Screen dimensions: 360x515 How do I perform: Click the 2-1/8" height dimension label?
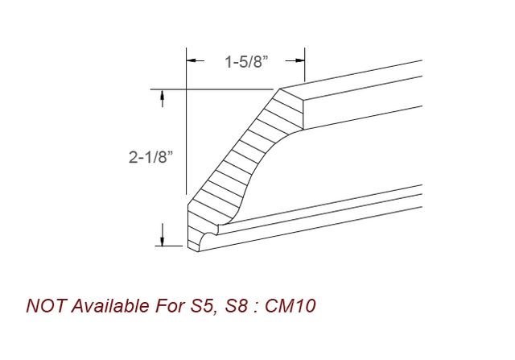point(150,158)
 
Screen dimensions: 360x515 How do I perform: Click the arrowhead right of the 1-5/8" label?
point(301,60)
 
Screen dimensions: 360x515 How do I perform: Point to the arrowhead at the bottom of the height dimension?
point(163,239)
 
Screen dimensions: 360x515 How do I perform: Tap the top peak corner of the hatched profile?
point(279,89)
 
